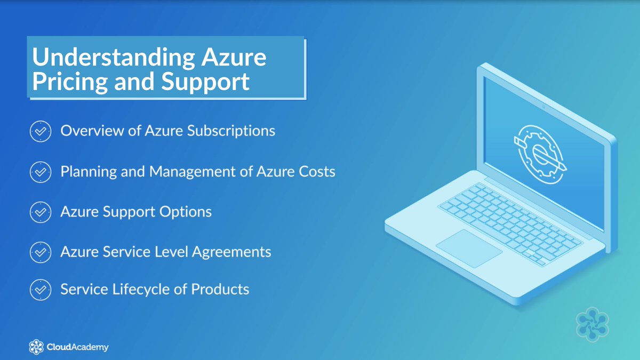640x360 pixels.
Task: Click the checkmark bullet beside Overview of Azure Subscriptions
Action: coord(40,131)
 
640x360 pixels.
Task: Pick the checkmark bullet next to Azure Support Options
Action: coord(40,212)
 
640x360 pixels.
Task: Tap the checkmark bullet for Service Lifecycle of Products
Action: coord(40,290)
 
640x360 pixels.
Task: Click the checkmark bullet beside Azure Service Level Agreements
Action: coord(40,252)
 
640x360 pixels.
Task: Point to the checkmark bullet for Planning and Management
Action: coord(40,172)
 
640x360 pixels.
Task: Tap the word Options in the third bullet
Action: coord(185,212)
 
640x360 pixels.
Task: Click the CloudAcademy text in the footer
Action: coord(77,347)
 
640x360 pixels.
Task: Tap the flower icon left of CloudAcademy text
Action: coord(36,347)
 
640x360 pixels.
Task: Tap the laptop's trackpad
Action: coord(469,248)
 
